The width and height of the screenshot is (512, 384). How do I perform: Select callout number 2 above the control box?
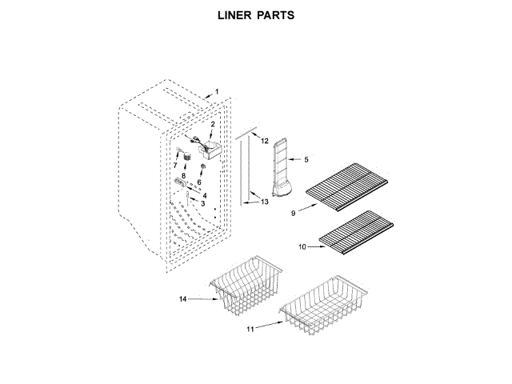213,124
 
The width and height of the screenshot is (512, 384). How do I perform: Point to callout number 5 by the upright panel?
306,159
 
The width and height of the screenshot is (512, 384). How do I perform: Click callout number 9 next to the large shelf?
294,213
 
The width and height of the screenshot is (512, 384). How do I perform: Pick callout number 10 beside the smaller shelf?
302,247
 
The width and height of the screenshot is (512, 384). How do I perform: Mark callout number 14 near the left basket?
183,299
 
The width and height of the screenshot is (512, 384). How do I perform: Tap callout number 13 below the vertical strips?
266,202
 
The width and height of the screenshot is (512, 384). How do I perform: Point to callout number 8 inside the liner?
183,174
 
